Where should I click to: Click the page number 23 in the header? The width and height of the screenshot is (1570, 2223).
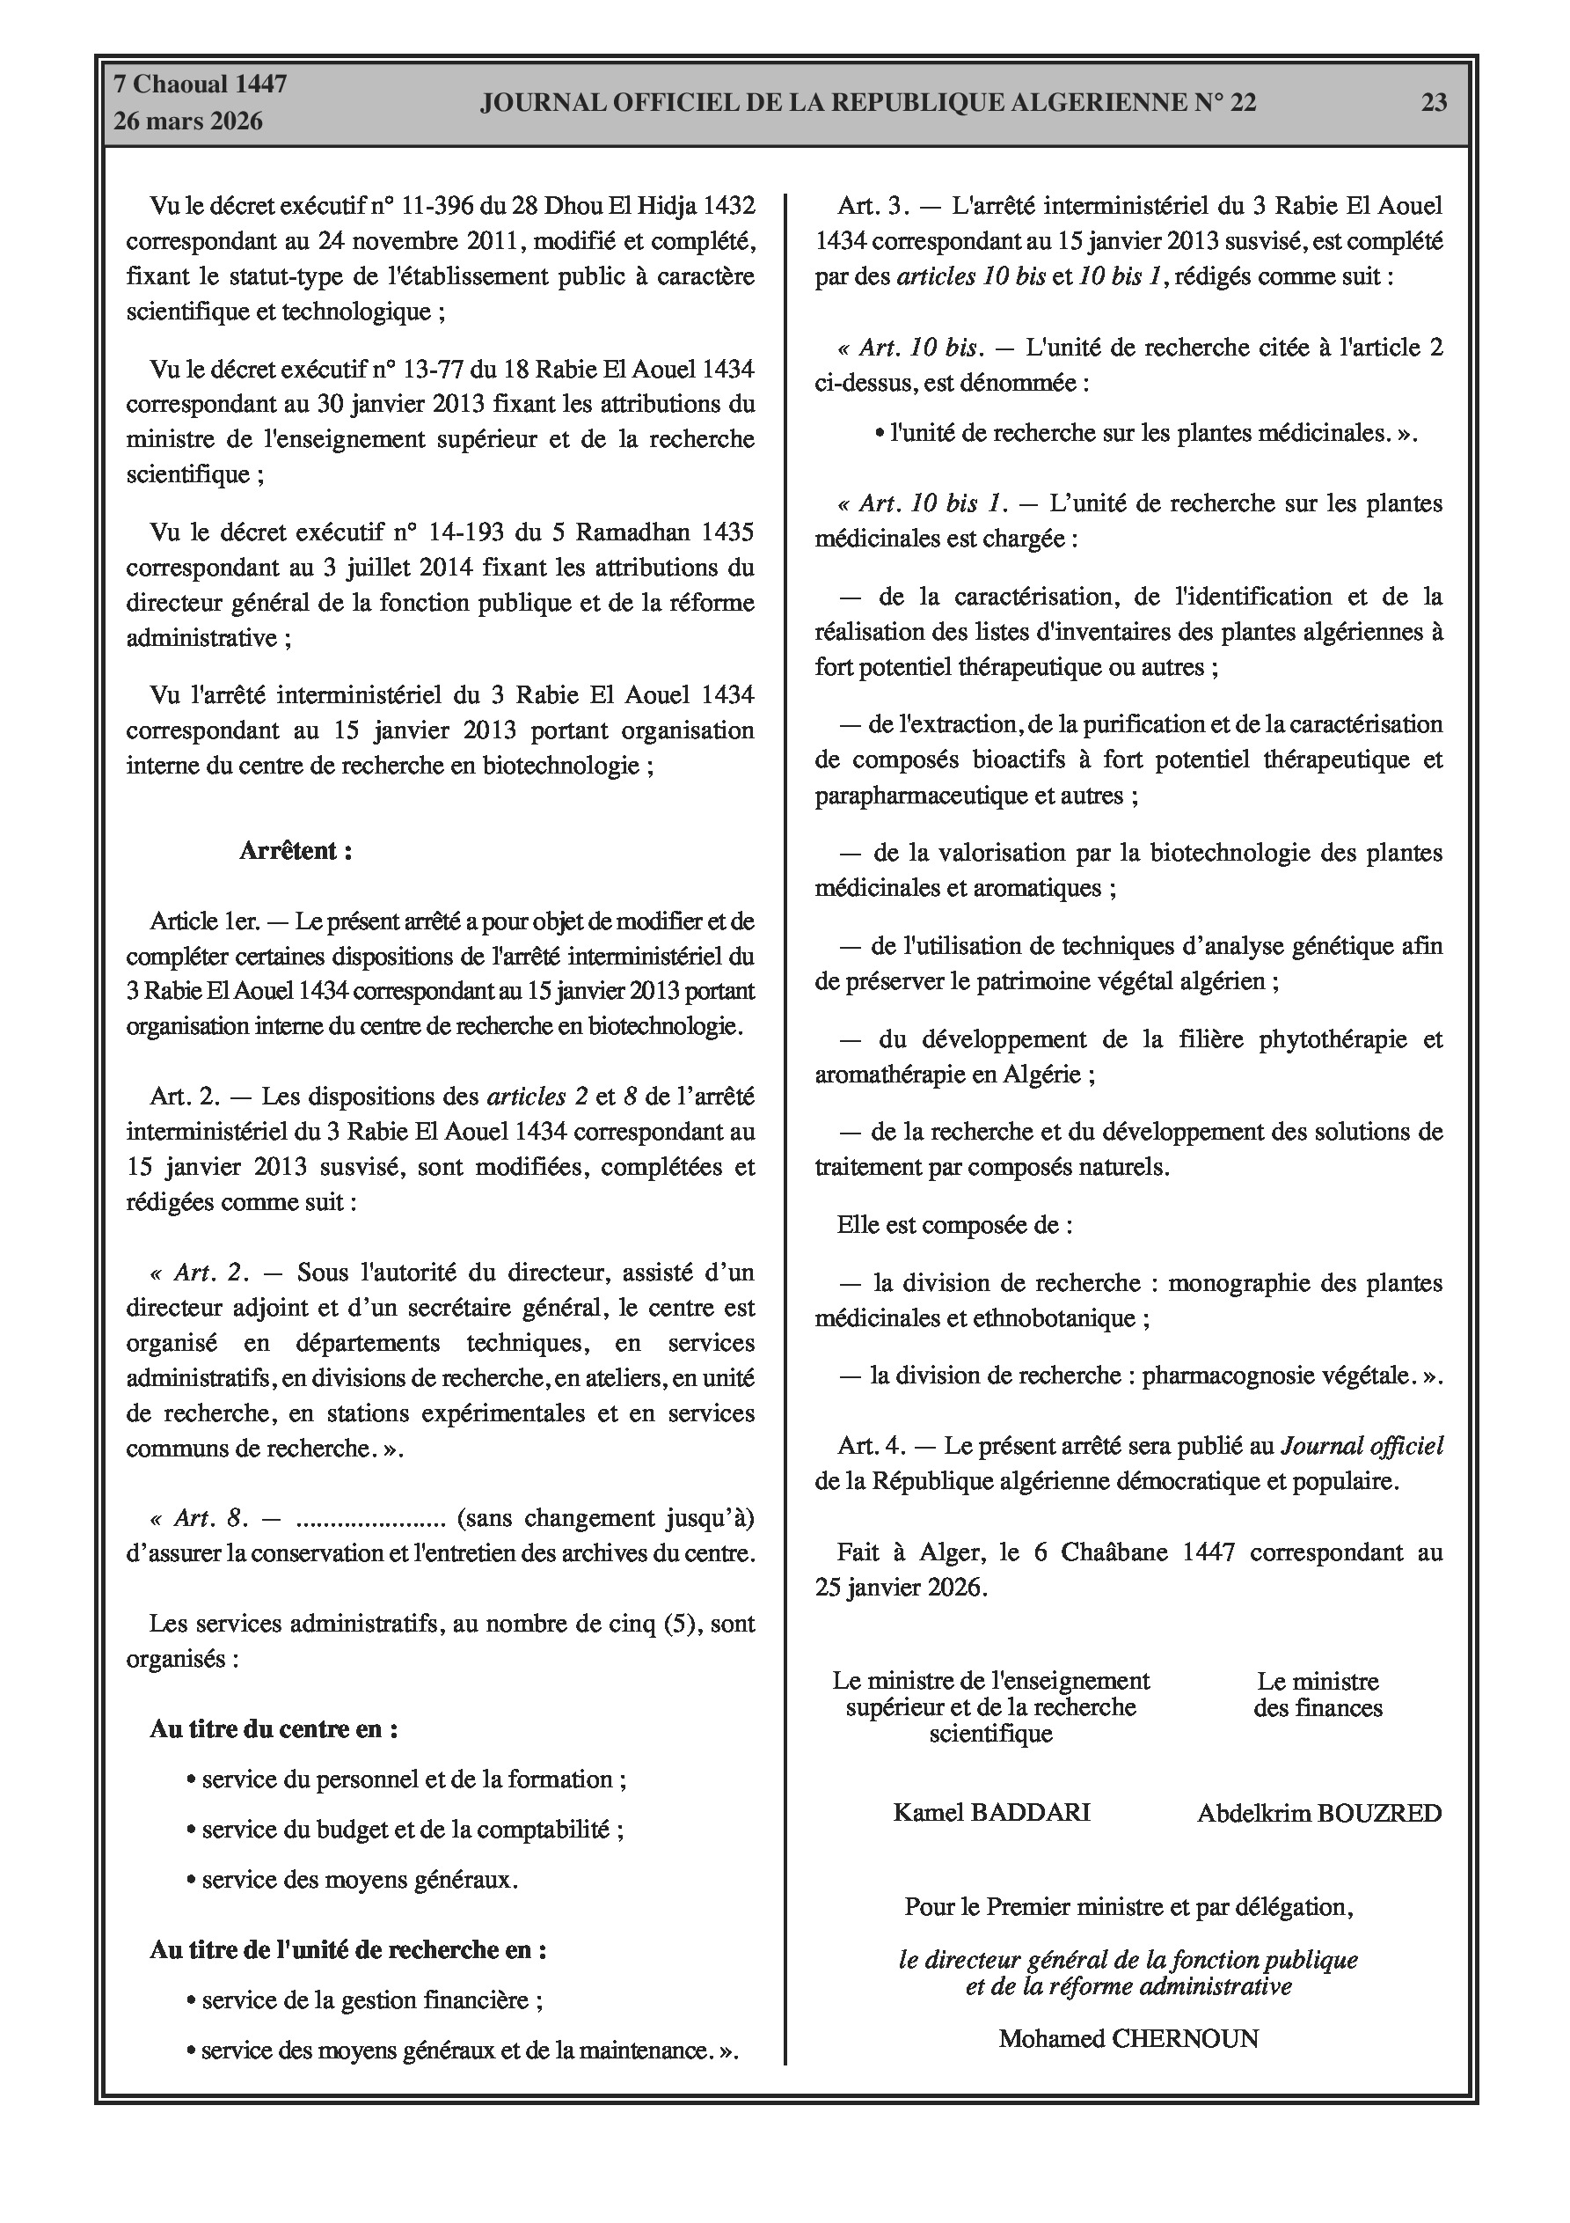1434,103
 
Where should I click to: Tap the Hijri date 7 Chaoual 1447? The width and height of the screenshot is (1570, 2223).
201,84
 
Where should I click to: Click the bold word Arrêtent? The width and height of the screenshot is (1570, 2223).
296,851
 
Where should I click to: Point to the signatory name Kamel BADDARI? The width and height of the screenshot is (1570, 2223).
991,1813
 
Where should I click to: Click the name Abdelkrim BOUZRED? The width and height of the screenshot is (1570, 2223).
1318,1814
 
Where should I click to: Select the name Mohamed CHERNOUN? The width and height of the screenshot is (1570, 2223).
1128,2039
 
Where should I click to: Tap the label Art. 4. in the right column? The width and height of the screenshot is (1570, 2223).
871,1447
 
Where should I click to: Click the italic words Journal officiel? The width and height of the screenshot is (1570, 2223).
1362,1447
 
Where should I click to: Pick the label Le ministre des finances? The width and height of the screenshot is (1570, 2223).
1318,1694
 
